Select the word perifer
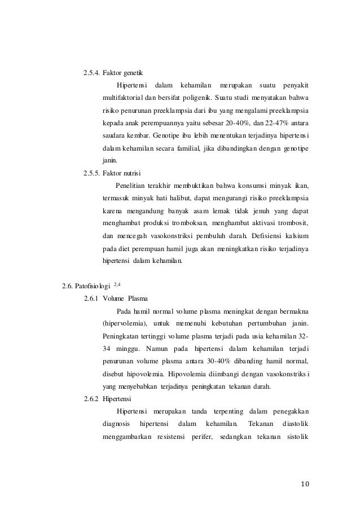pos(198,435)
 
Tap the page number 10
pos(305,483)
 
